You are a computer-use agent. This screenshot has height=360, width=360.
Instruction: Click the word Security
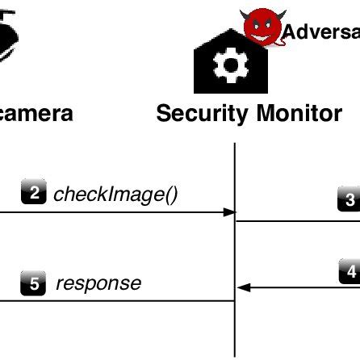(202, 113)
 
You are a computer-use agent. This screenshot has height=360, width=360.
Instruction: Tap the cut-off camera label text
(36, 113)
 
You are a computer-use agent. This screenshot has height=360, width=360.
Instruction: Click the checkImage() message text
(115, 195)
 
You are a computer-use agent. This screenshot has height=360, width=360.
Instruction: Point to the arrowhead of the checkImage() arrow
(229, 213)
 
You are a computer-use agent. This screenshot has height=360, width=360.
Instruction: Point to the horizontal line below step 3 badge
(299, 220)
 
